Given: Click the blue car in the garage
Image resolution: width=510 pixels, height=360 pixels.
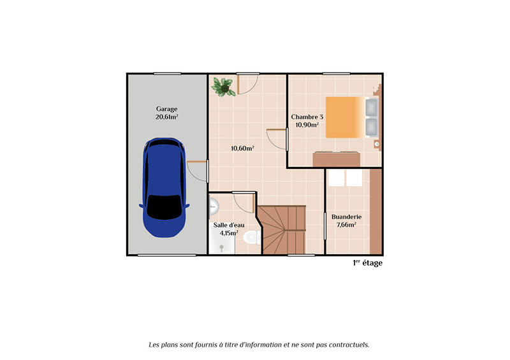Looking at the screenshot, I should pos(164,188).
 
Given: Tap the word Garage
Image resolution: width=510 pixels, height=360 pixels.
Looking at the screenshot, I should pos(166,109).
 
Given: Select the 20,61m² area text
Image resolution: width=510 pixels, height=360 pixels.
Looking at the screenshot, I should pos(166,118).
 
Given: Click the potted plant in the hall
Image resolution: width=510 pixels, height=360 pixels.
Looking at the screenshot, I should pos(223,86).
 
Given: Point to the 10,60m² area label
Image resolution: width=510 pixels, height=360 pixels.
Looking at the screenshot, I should pos(242,148).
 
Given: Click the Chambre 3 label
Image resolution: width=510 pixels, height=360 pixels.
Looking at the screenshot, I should pos(307,117).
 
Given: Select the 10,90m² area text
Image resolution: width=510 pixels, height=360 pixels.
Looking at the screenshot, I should pos(307,125).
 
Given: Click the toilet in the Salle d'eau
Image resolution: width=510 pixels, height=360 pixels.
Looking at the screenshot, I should pos(251,238).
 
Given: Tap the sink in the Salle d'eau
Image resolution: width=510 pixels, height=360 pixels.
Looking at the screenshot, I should pos(214,206).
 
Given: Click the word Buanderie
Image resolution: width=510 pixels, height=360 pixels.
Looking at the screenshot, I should pos(346,215).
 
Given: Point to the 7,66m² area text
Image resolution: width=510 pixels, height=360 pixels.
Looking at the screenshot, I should pos(346,224).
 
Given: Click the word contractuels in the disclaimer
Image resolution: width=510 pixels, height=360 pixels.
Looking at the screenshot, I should pos(346,345).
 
